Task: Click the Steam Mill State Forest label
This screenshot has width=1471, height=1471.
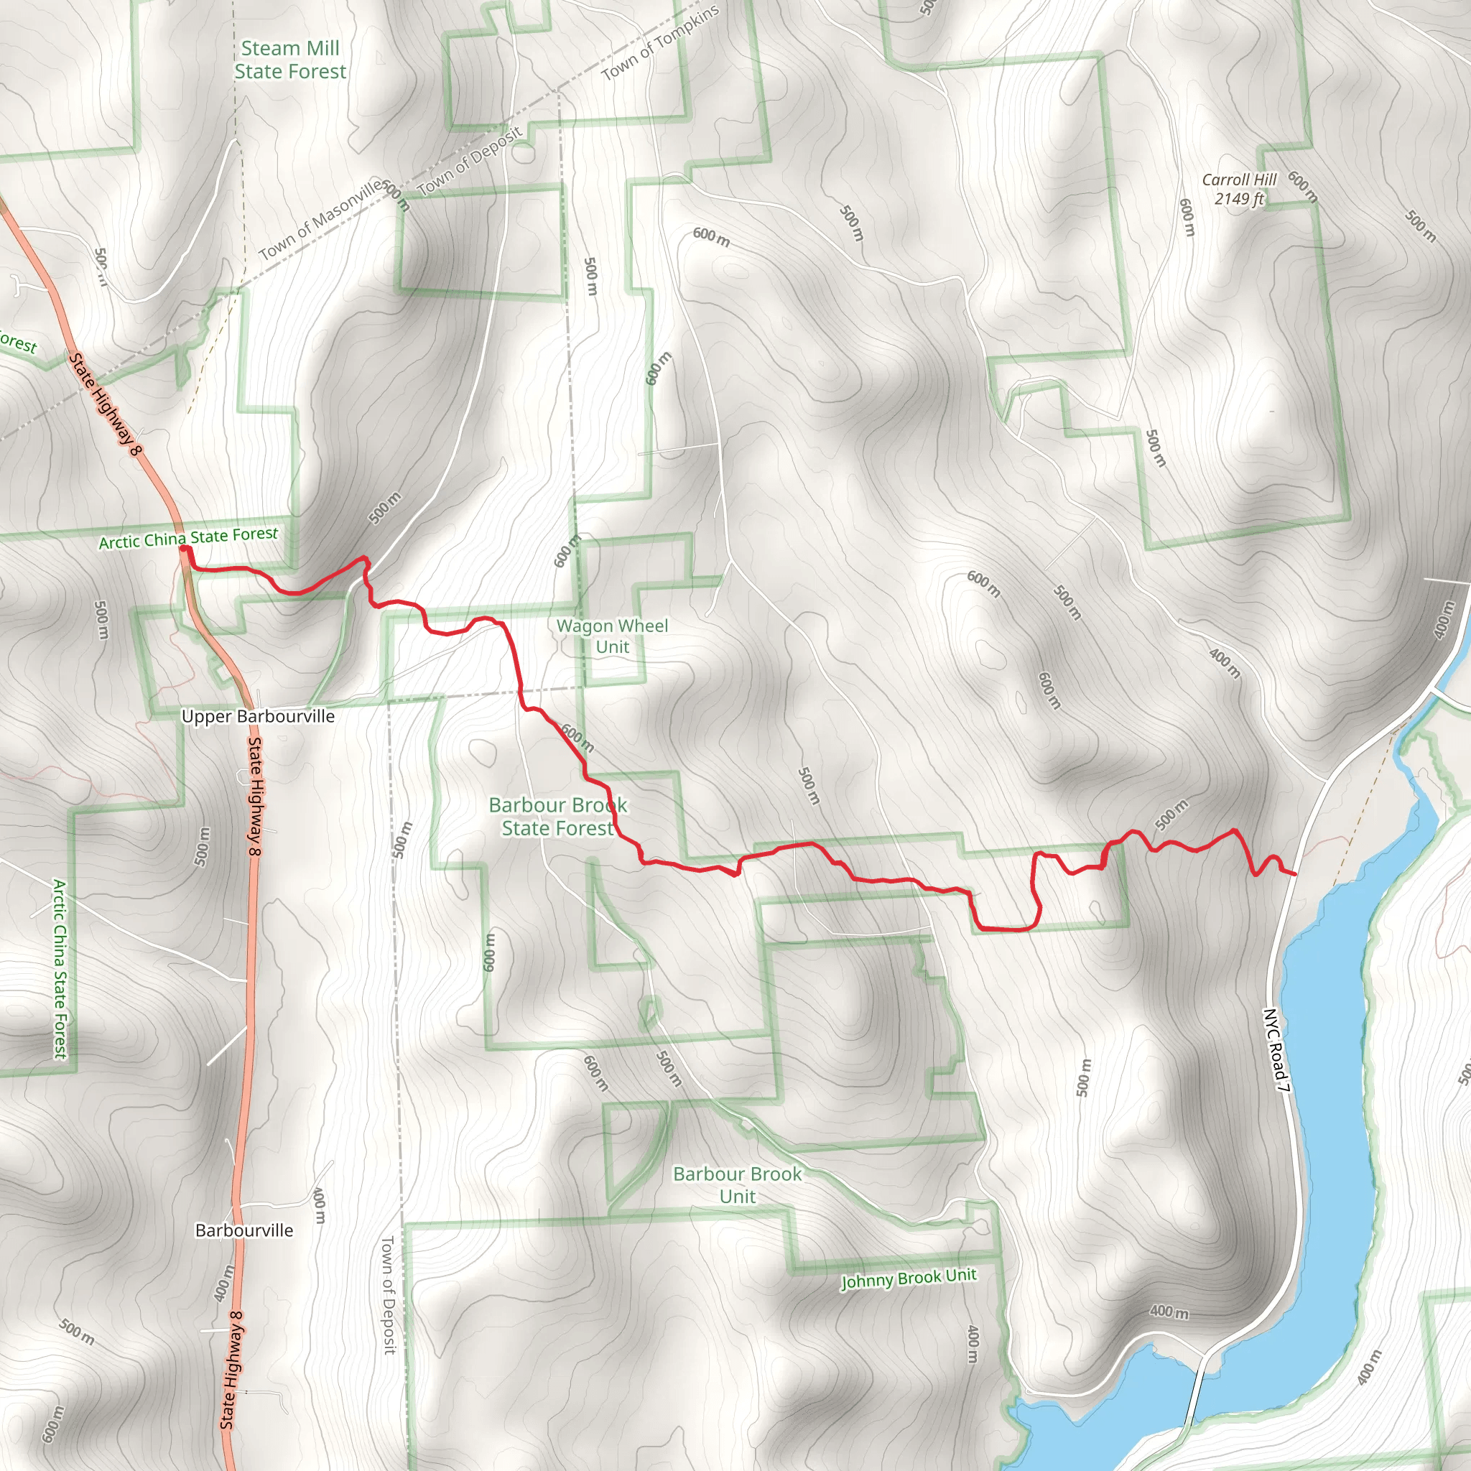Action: pyautogui.click(x=290, y=60)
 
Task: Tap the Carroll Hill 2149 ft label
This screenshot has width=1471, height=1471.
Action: pyautogui.click(x=1239, y=189)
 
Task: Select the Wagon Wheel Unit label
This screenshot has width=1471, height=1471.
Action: pyautogui.click(x=612, y=636)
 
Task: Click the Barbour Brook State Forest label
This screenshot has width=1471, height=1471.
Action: pyautogui.click(x=558, y=816)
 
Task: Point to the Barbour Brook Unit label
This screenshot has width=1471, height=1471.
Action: pyautogui.click(x=737, y=1184)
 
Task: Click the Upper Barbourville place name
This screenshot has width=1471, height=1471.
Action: pyautogui.click(x=258, y=716)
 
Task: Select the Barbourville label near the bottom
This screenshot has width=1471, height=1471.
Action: pyautogui.click(x=243, y=1230)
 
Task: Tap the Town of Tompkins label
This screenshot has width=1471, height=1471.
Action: pyautogui.click(x=659, y=42)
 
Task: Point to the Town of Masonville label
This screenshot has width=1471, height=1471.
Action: pyautogui.click(x=320, y=219)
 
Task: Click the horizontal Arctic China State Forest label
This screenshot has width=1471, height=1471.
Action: pyautogui.click(x=189, y=537)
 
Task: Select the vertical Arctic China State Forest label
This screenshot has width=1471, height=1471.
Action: pyautogui.click(x=60, y=968)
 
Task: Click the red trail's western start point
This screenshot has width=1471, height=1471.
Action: pyautogui.click(x=185, y=548)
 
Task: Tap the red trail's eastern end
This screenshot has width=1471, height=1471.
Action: pyautogui.click(x=1295, y=874)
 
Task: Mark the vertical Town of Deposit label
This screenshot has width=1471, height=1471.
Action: pyautogui.click(x=389, y=1294)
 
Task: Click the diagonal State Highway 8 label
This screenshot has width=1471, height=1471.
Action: pyautogui.click(x=106, y=404)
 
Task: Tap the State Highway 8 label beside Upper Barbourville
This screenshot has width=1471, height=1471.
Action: pyautogui.click(x=254, y=797)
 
